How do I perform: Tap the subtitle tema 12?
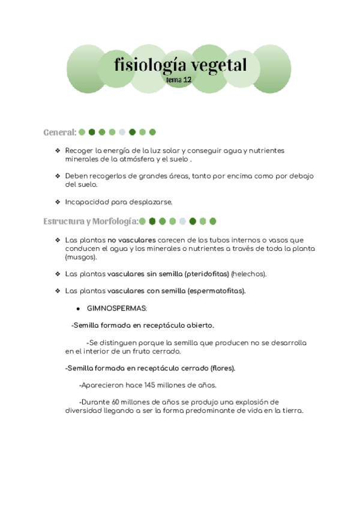click(179, 79)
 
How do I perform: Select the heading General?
click(60, 132)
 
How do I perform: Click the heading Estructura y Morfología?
click(91, 221)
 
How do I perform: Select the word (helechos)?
click(249, 274)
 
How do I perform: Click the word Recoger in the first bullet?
click(79, 150)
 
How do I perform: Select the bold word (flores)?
click(223, 368)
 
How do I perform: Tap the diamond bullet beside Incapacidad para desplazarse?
click(57, 202)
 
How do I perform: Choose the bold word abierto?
click(199, 325)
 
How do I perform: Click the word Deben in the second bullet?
click(76, 176)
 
